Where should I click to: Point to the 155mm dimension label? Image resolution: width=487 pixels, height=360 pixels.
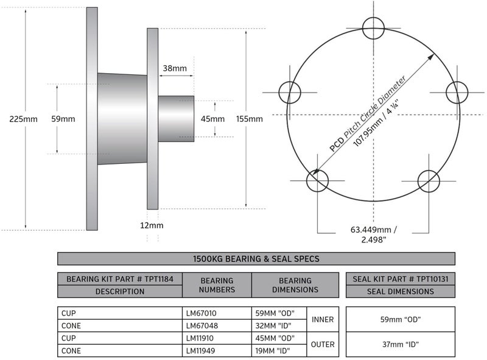pos(250,119)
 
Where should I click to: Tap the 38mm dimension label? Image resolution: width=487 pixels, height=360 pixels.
pos(175,69)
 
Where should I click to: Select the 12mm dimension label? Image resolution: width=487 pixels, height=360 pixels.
pos(152,225)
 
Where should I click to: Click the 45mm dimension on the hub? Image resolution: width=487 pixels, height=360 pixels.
pos(212,119)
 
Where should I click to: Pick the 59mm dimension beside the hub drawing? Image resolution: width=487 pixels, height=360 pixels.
pos(63,119)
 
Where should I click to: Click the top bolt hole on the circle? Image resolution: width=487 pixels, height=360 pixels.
pos(373,27)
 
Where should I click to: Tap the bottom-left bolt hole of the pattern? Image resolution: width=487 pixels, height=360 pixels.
pos(317,180)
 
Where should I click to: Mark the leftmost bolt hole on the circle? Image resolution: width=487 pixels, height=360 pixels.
pos(290,93)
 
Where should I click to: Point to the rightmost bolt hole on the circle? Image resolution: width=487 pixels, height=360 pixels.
pos(457,93)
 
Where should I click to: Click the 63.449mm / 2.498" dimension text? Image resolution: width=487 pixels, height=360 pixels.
pos(373,235)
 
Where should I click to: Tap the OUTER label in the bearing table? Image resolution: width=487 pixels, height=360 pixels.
pos(323,344)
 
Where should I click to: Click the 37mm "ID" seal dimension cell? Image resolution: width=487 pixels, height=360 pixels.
pos(400,344)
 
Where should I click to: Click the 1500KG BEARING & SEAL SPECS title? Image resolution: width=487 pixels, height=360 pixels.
pos(256,259)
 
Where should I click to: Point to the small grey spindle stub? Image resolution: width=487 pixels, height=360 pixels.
pos(176,119)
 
